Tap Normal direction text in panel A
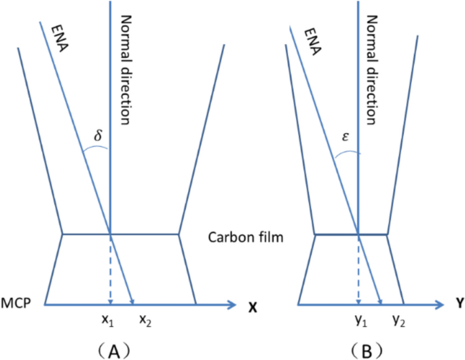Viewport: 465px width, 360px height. pyautogui.click(x=124, y=68)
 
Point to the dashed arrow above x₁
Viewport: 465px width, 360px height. pyautogui.click(x=110, y=269)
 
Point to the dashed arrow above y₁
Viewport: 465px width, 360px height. pyautogui.click(x=358, y=269)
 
